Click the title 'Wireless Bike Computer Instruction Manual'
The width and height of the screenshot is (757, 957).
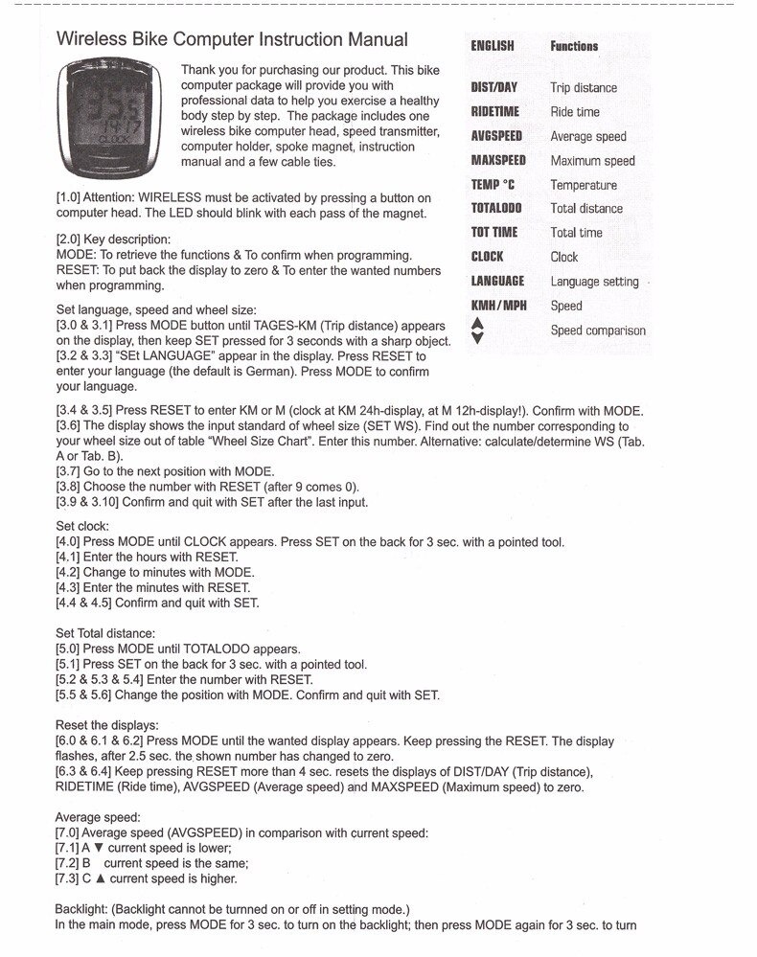click(233, 40)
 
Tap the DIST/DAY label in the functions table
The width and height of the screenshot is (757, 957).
click(493, 87)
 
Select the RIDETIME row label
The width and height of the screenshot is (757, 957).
click(494, 111)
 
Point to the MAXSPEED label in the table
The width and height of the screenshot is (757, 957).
click(498, 160)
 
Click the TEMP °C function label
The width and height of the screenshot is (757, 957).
click(493, 184)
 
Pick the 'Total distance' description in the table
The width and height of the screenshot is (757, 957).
click(586, 208)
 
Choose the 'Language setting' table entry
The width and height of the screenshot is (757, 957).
click(594, 281)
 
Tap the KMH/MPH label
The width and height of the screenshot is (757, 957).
click(498, 306)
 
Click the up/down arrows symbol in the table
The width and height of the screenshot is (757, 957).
click(479, 330)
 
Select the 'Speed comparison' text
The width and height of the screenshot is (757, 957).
click(598, 330)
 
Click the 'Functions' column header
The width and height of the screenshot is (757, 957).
click(574, 46)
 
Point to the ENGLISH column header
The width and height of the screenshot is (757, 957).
click(493, 46)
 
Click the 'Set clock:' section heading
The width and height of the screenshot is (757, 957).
click(82, 526)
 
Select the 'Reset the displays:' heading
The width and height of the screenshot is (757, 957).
click(107, 724)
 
